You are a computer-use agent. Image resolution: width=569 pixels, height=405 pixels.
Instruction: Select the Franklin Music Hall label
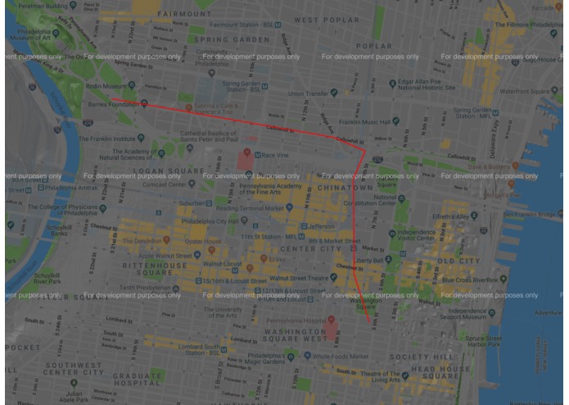pyautogui.click(x=364, y=121)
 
